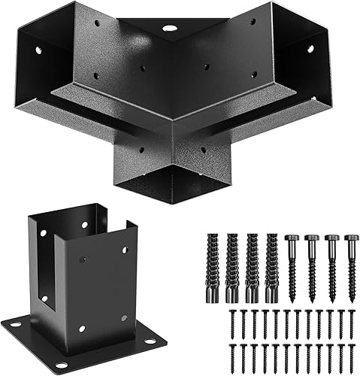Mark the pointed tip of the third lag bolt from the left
(x=330, y=299)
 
